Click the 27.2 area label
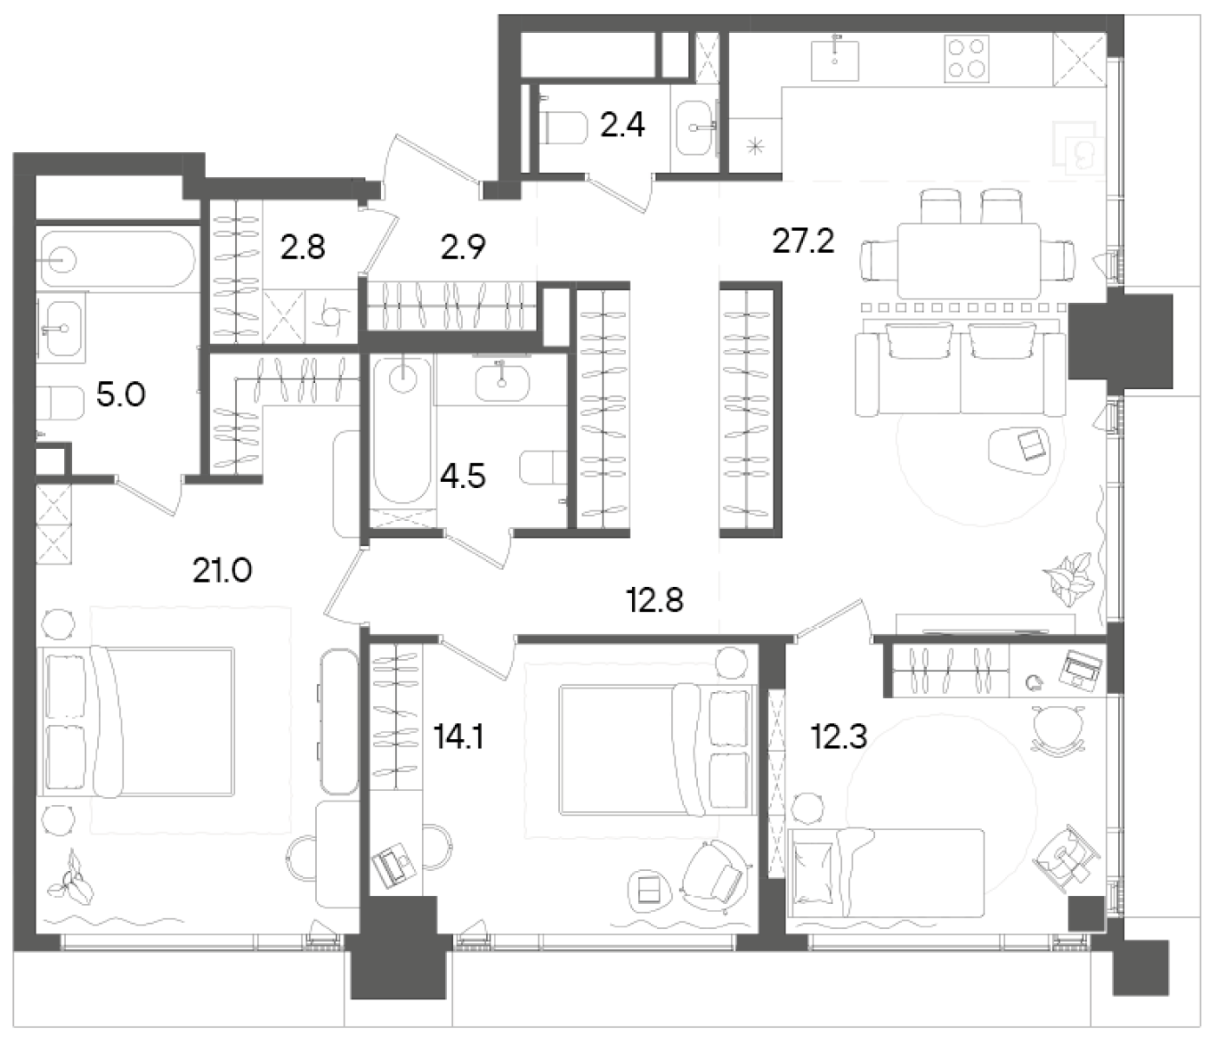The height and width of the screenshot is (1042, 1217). point(803,241)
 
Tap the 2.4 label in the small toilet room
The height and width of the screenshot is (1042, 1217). point(622,126)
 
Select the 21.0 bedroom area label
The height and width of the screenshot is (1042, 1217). point(222,570)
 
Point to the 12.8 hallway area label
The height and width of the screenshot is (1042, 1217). point(655,599)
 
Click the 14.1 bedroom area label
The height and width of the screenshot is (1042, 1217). point(457,737)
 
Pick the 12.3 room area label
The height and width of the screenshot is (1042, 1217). point(839,737)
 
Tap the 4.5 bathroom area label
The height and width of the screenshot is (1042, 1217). point(463,476)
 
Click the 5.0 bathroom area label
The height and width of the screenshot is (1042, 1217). point(121,395)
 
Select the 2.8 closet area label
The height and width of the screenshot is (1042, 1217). point(302,247)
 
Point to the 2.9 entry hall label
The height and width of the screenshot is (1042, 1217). point(463,247)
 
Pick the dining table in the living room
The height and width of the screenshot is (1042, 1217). point(968,260)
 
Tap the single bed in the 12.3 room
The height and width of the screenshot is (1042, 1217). point(885,871)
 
